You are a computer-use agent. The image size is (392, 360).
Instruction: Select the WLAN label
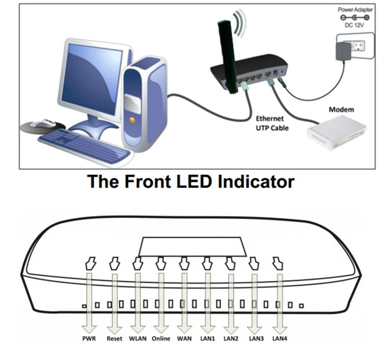point(137,338)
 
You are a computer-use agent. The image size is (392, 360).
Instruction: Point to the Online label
point(161,338)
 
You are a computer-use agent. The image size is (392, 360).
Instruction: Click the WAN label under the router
point(184,338)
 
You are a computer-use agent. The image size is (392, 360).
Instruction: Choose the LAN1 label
point(208,338)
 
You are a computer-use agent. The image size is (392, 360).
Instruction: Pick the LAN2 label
point(231,338)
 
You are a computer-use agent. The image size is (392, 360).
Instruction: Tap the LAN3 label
point(255,338)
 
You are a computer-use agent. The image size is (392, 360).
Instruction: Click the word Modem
point(341,109)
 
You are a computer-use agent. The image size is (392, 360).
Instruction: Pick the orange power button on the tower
point(132,120)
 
